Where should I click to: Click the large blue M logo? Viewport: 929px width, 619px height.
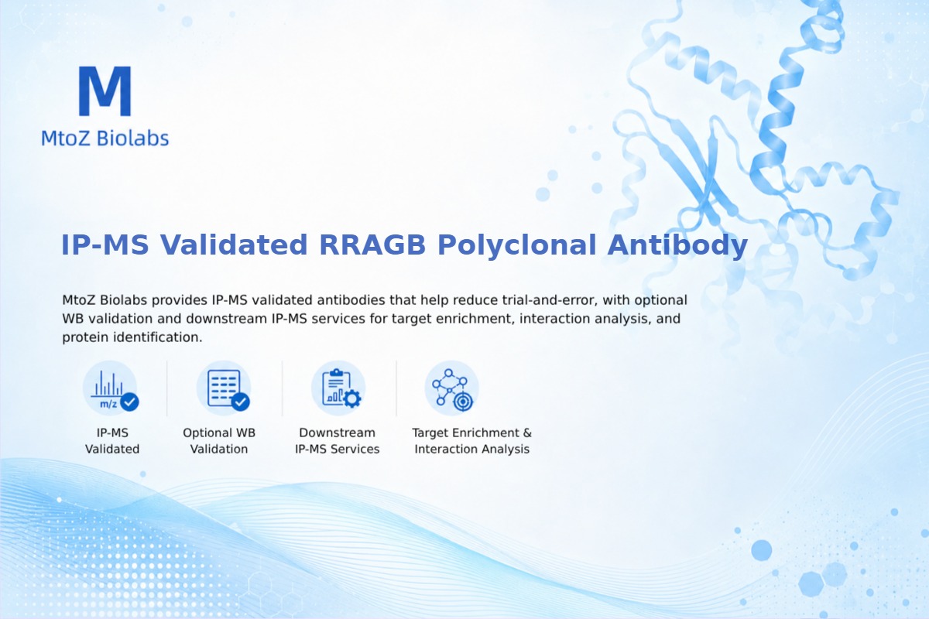(x=105, y=91)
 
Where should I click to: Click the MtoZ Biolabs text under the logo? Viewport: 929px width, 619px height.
(x=105, y=138)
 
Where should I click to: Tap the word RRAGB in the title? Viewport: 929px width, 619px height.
(x=372, y=245)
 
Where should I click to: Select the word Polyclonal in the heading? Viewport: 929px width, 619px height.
(x=517, y=245)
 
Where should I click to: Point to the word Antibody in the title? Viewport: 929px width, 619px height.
(x=677, y=245)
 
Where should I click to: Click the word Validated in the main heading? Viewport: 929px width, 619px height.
(x=234, y=245)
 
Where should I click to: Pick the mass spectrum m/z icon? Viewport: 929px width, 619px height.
(x=110, y=388)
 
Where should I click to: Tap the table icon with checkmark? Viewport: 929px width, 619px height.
(x=224, y=388)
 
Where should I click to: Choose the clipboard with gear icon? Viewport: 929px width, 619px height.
(x=338, y=388)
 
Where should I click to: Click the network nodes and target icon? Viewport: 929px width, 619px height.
(x=451, y=388)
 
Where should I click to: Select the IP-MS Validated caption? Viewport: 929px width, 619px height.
(x=112, y=441)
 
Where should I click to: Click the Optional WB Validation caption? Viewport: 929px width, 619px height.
(x=219, y=441)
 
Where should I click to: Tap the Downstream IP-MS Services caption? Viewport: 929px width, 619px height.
(x=338, y=441)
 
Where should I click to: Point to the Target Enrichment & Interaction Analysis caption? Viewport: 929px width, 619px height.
(x=472, y=441)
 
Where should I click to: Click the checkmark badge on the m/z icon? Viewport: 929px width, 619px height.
(x=130, y=402)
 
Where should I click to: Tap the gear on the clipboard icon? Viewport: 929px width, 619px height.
(x=352, y=398)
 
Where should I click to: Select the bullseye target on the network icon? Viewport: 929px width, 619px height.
(x=463, y=402)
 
